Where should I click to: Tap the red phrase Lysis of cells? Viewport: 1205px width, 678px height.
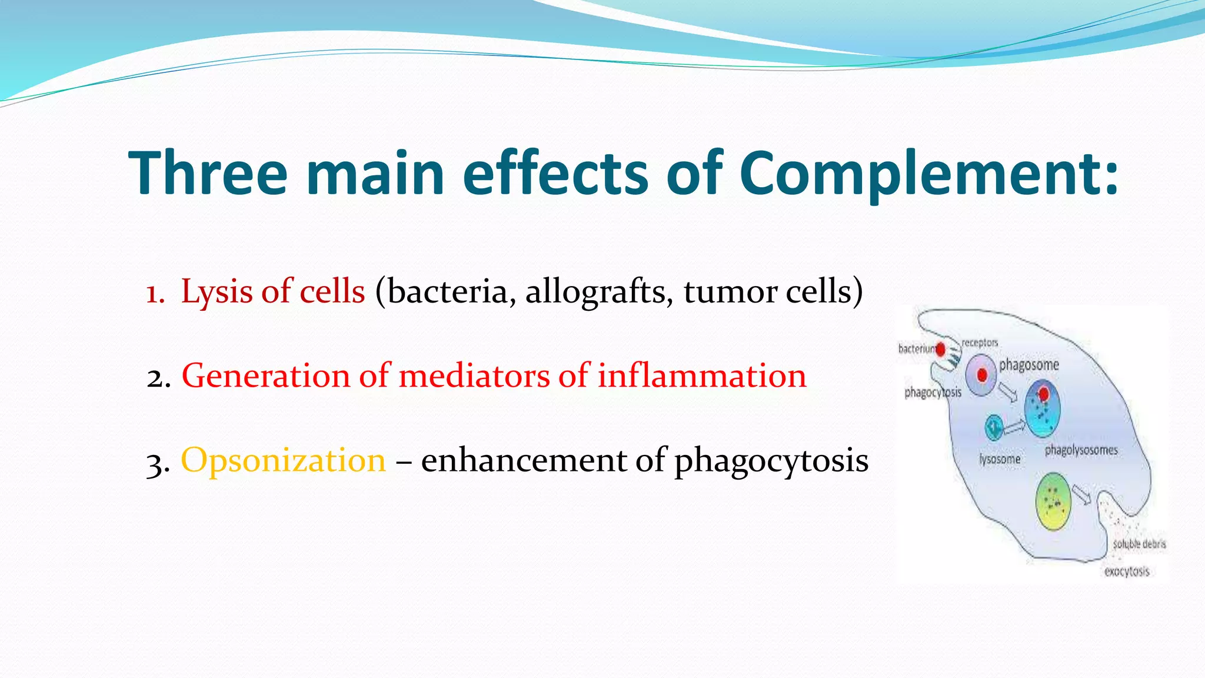pyautogui.click(x=273, y=292)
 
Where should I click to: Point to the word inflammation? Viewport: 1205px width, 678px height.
pyautogui.click(x=701, y=376)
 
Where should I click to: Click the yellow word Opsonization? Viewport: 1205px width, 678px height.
pyautogui.click(x=283, y=461)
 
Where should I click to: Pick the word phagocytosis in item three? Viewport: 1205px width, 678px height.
pyautogui.click(x=771, y=461)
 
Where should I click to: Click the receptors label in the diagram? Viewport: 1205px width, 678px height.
pyautogui.click(x=980, y=343)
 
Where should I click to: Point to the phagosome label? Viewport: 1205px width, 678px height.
pyautogui.click(x=1028, y=365)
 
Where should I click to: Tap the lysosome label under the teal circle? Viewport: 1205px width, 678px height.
pyautogui.click(x=1000, y=459)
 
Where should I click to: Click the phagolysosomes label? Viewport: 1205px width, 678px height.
pyautogui.click(x=1081, y=451)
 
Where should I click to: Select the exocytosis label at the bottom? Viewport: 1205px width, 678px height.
pyautogui.click(x=1126, y=571)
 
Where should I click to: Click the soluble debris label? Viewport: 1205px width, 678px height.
pyautogui.click(x=1139, y=544)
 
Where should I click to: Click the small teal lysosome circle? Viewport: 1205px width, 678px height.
pyautogui.click(x=994, y=427)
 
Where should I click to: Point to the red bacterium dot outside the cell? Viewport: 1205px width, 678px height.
pyautogui.click(x=940, y=350)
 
